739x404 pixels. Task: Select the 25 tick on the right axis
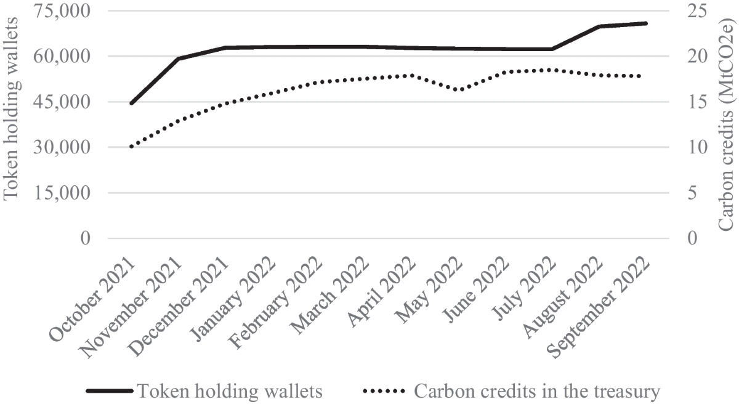689,11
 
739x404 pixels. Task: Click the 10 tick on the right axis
689,147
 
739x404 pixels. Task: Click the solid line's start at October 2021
131,103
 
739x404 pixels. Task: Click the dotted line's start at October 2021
131,147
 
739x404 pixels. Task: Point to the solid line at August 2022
599,26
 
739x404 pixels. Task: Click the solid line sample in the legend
110,391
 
